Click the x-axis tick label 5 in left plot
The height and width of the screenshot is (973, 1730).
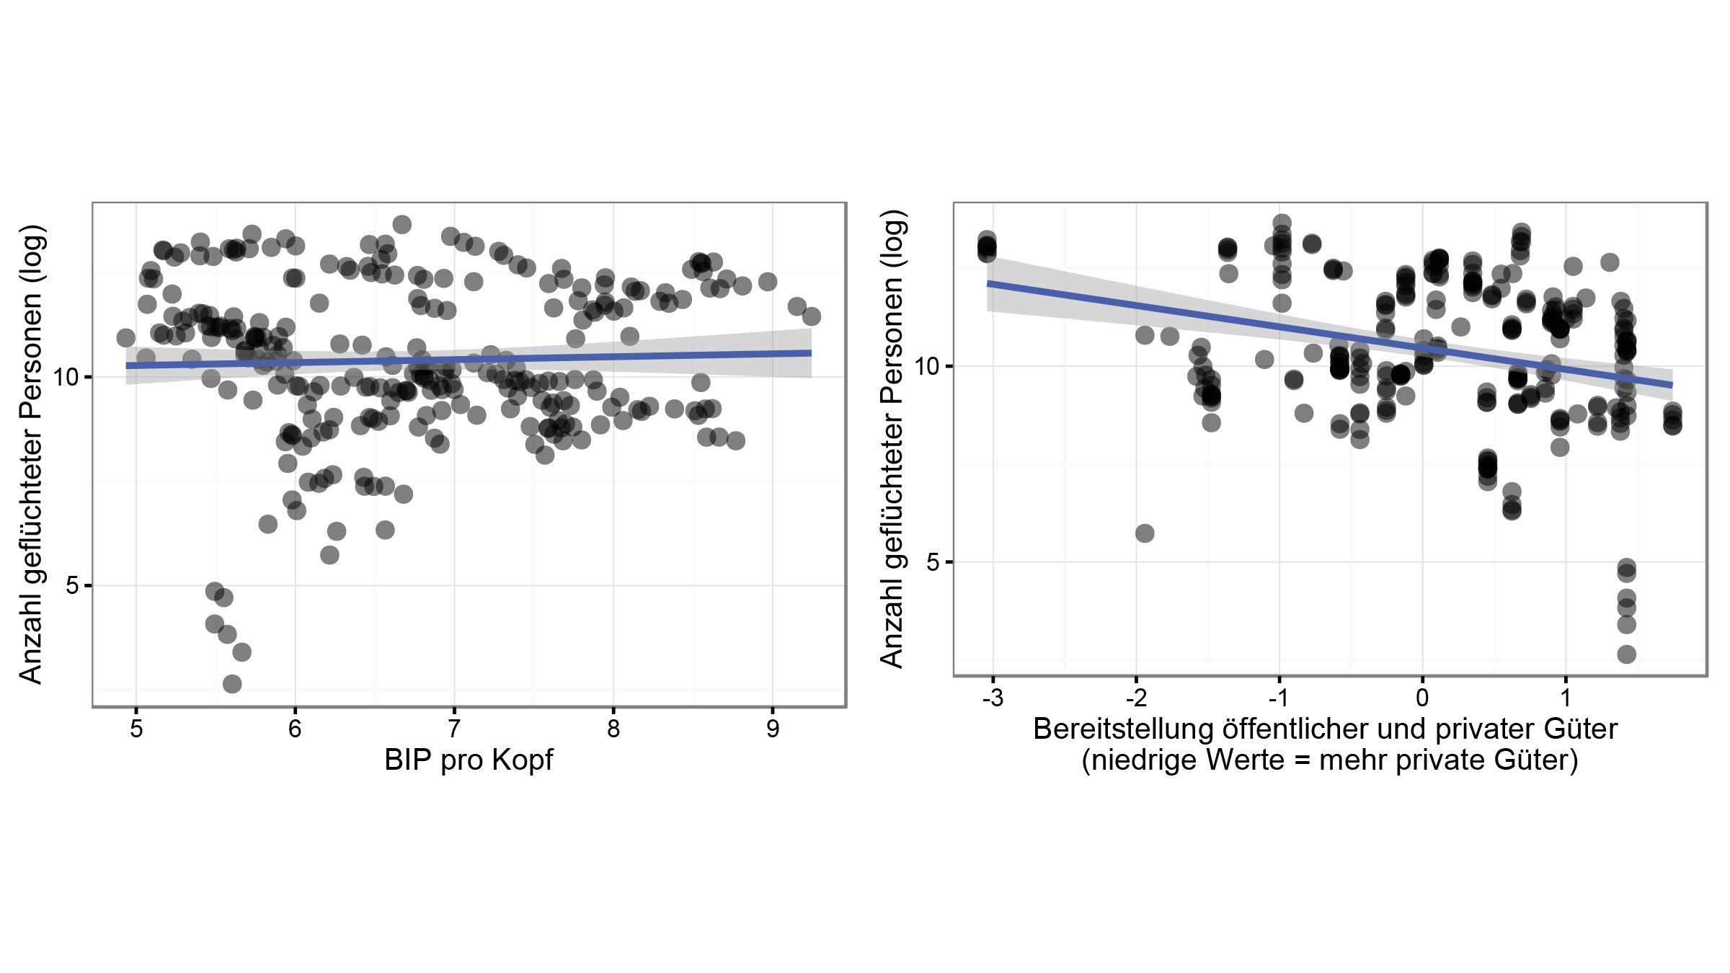[136, 729]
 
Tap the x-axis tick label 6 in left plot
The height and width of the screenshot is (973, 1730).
[295, 729]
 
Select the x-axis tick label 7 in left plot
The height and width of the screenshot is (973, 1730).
[454, 729]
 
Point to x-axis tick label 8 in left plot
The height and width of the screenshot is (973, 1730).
[613, 729]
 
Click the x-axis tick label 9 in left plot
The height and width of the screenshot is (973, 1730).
[773, 729]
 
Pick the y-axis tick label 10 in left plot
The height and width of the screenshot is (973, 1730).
[66, 377]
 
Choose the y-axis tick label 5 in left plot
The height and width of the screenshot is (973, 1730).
[72, 585]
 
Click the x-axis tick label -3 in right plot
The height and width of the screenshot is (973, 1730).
[993, 698]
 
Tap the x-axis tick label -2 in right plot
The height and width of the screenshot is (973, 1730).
[1136, 698]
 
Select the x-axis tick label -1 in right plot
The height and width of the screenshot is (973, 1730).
[1279, 698]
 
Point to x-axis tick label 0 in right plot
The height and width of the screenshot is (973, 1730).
[1422, 698]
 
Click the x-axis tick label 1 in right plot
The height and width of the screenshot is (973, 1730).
[1566, 698]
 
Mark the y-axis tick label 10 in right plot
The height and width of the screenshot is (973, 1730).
[927, 366]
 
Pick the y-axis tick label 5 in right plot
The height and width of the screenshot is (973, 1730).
[933, 561]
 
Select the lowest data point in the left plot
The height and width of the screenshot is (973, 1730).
[232, 683]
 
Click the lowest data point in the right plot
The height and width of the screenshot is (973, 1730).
[1626, 654]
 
